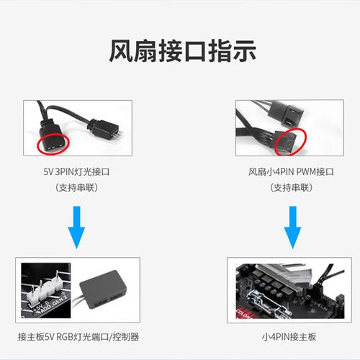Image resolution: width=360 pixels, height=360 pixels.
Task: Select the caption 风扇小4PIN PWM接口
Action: [291, 173]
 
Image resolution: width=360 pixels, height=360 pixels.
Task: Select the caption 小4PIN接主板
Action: [291, 336]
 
